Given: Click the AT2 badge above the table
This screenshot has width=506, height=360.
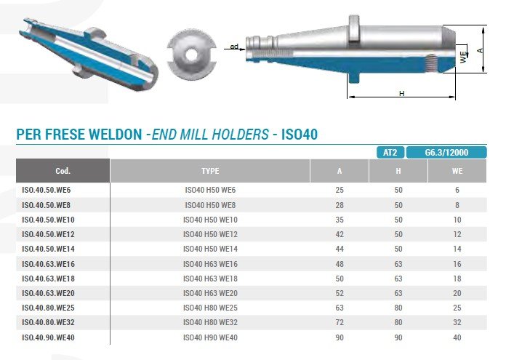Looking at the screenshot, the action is click(390, 153).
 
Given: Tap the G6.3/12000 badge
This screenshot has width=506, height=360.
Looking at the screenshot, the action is click(446, 153).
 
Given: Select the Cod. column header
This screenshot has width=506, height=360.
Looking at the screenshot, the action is click(63, 171).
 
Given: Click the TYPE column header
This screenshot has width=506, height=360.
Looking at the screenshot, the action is click(210, 171).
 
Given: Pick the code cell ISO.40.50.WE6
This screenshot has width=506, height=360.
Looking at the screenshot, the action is click(46, 190).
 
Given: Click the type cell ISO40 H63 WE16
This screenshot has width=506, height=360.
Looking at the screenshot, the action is click(210, 264).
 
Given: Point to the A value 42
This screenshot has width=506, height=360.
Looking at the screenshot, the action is click(340, 234).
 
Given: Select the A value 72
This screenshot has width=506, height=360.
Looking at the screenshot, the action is click(340, 322).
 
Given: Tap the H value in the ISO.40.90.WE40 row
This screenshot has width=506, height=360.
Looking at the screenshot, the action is click(398, 337).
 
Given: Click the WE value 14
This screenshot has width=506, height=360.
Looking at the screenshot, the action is click(457, 249).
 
